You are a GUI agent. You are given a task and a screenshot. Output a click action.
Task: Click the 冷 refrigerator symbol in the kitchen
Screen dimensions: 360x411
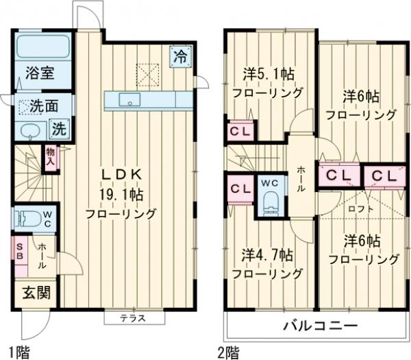179,55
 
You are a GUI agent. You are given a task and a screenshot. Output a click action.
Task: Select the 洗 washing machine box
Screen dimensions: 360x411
60,128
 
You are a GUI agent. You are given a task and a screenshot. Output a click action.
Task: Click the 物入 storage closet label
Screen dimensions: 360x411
51,157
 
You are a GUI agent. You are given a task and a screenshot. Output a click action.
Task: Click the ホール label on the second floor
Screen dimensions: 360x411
301,179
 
